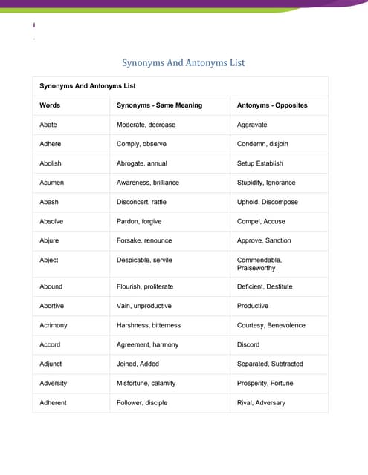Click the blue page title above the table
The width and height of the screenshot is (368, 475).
184,63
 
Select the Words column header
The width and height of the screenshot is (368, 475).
50,105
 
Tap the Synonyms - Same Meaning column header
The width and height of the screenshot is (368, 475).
159,105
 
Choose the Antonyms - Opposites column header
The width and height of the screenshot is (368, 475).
271,105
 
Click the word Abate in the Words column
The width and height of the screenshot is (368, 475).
48,125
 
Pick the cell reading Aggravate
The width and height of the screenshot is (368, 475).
252,125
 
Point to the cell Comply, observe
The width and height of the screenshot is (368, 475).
141,144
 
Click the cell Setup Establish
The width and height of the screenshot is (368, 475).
259,163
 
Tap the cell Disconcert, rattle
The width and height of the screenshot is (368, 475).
146,202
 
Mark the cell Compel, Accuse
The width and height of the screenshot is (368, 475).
261,221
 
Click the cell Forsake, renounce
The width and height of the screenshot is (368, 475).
144,240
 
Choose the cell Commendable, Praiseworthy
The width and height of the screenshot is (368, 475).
259,264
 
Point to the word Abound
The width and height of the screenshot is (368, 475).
51,286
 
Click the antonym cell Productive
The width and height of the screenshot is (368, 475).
253,306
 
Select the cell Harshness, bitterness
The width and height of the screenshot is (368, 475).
149,325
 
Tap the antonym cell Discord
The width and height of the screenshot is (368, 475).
248,344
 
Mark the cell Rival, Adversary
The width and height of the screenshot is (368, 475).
261,402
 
